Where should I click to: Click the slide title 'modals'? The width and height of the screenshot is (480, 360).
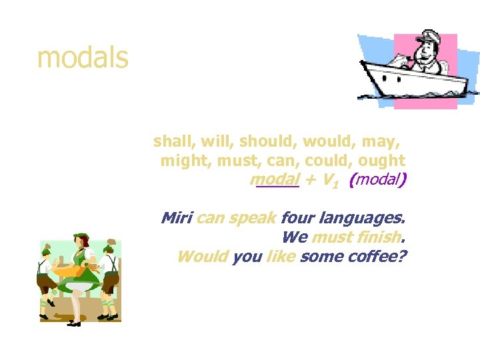click(83, 59)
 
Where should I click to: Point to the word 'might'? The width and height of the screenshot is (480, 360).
click(183, 161)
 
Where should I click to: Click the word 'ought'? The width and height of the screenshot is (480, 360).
click(381, 161)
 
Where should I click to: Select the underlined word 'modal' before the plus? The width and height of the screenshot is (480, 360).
click(275, 180)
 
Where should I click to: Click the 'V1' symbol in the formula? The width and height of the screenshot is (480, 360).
click(328, 181)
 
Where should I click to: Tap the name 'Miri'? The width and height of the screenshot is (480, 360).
click(177, 218)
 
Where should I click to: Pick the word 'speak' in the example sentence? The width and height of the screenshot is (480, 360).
click(253, 218)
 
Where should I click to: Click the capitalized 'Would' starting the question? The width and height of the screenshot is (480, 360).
click(203, 257)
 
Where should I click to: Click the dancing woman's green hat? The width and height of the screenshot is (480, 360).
click(81, 236)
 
